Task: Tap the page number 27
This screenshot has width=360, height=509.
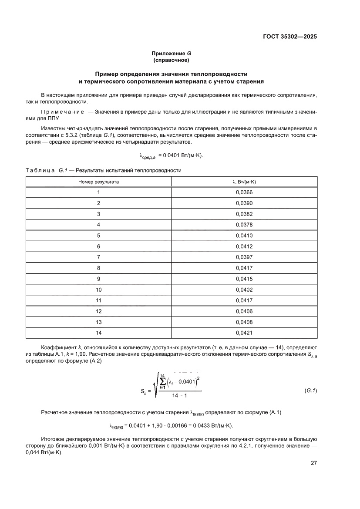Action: [x=313, y=463]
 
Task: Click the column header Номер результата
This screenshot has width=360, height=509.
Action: [x=98, y=182]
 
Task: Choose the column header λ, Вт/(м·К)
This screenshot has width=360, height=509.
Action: [x=244, y=182]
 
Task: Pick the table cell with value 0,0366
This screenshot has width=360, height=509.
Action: [x=244, y=192]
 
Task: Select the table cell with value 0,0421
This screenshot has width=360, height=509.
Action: [x=244, y=333]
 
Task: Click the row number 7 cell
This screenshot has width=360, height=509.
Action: [x=98, y=257]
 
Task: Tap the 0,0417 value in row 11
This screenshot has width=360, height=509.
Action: [x=244, y=300]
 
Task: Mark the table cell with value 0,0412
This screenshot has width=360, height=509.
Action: [x=244, y=246]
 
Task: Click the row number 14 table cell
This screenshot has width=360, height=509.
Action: [x=98, y=333]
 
